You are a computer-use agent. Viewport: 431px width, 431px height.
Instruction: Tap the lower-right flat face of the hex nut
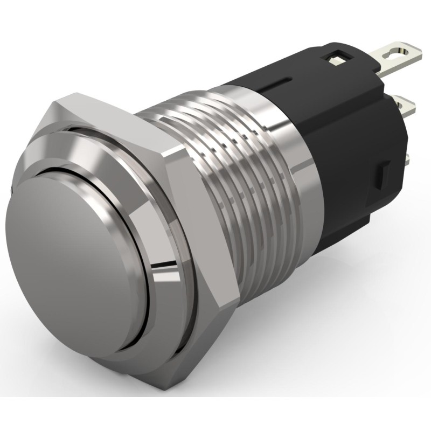[x=178, y=345]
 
